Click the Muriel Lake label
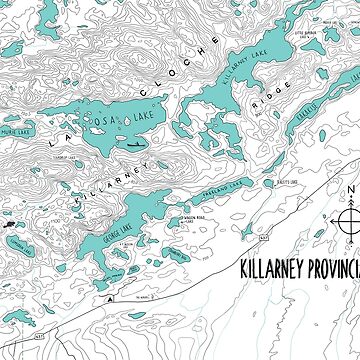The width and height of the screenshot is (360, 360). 15,129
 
